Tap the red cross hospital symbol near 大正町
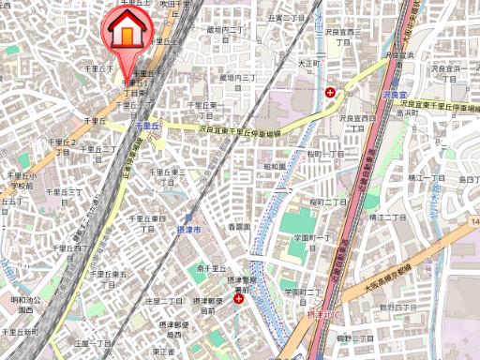point(331,92)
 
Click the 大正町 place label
point(308,64)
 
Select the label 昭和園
point(275,166)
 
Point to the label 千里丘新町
point(20,332)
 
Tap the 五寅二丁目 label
point(287,18)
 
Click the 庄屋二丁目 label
point(164,300)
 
